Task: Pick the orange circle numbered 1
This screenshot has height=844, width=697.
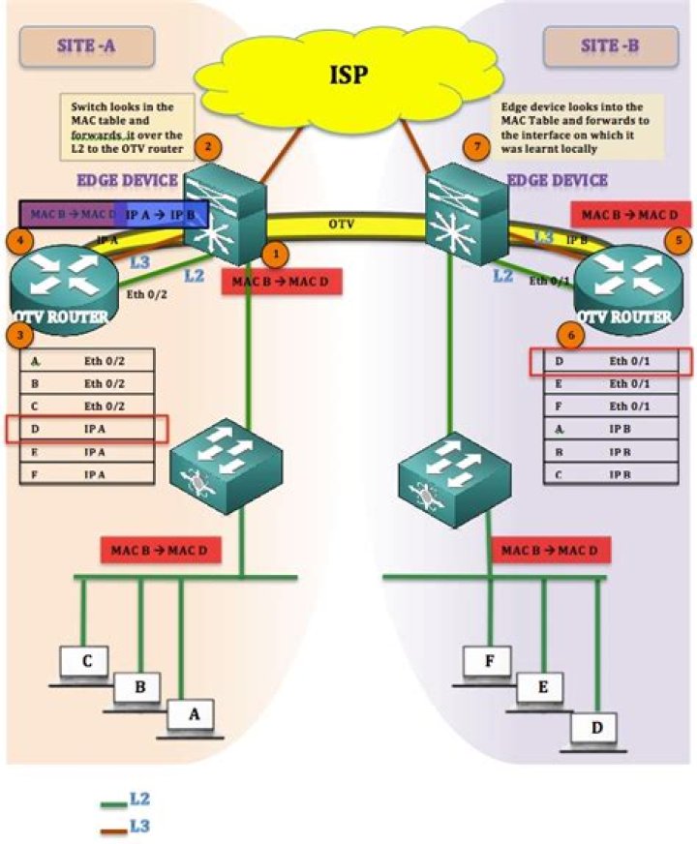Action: (277, 254)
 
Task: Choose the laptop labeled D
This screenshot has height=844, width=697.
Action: (593, 728)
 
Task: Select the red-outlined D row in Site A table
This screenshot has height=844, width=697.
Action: (87, 429)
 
